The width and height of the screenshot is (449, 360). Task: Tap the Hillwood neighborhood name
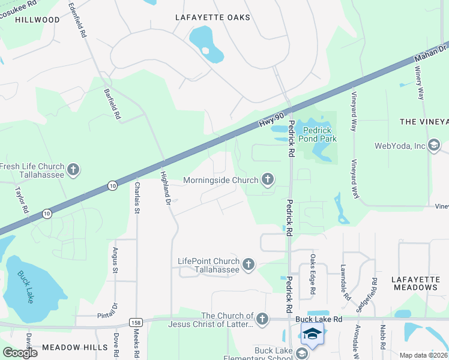pyautogui.click(x=38, y=20)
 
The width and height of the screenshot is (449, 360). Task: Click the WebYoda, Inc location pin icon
pyautogui.click(x=434, y=145)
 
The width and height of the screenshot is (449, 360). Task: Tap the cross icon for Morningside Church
pyautogui.click(x=268, y=179)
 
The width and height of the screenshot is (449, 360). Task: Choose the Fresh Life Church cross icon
pyautogui.click(x=73, y=170)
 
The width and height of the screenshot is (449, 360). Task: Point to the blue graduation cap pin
pyautogui.click(x=312, y=334)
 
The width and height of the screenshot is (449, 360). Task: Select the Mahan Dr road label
pyautogui.click(x=430, y=54)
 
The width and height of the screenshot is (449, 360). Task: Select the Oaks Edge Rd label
pyautogui.click(x=313, y=274)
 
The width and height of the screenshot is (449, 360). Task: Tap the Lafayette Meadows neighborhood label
pyautogui.click(x=414, y=283)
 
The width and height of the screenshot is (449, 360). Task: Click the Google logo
pyautogui.click(x=20, y=353)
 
